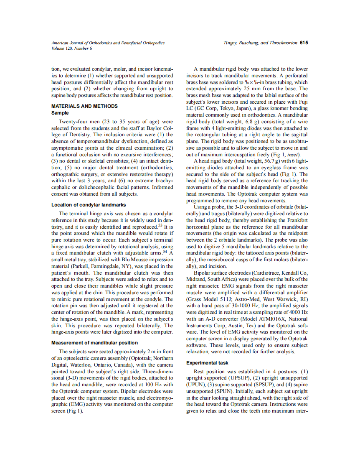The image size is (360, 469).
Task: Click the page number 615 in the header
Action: click(304, 43)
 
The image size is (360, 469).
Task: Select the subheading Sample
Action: click(60, 113)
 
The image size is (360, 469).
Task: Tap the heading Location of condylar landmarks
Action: click(89, 205)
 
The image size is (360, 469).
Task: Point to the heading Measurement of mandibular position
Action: click(94, 343)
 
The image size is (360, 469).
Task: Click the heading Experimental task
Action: click(207, 363)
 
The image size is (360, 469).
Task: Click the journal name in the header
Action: click(108, 43)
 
